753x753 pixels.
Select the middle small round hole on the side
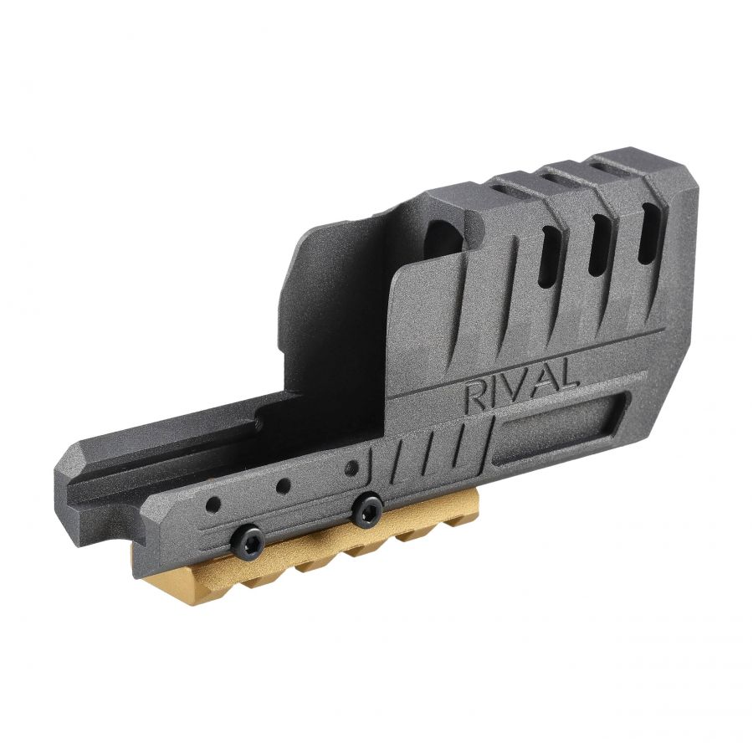[284, 486]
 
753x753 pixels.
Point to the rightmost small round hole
[354, 466]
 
